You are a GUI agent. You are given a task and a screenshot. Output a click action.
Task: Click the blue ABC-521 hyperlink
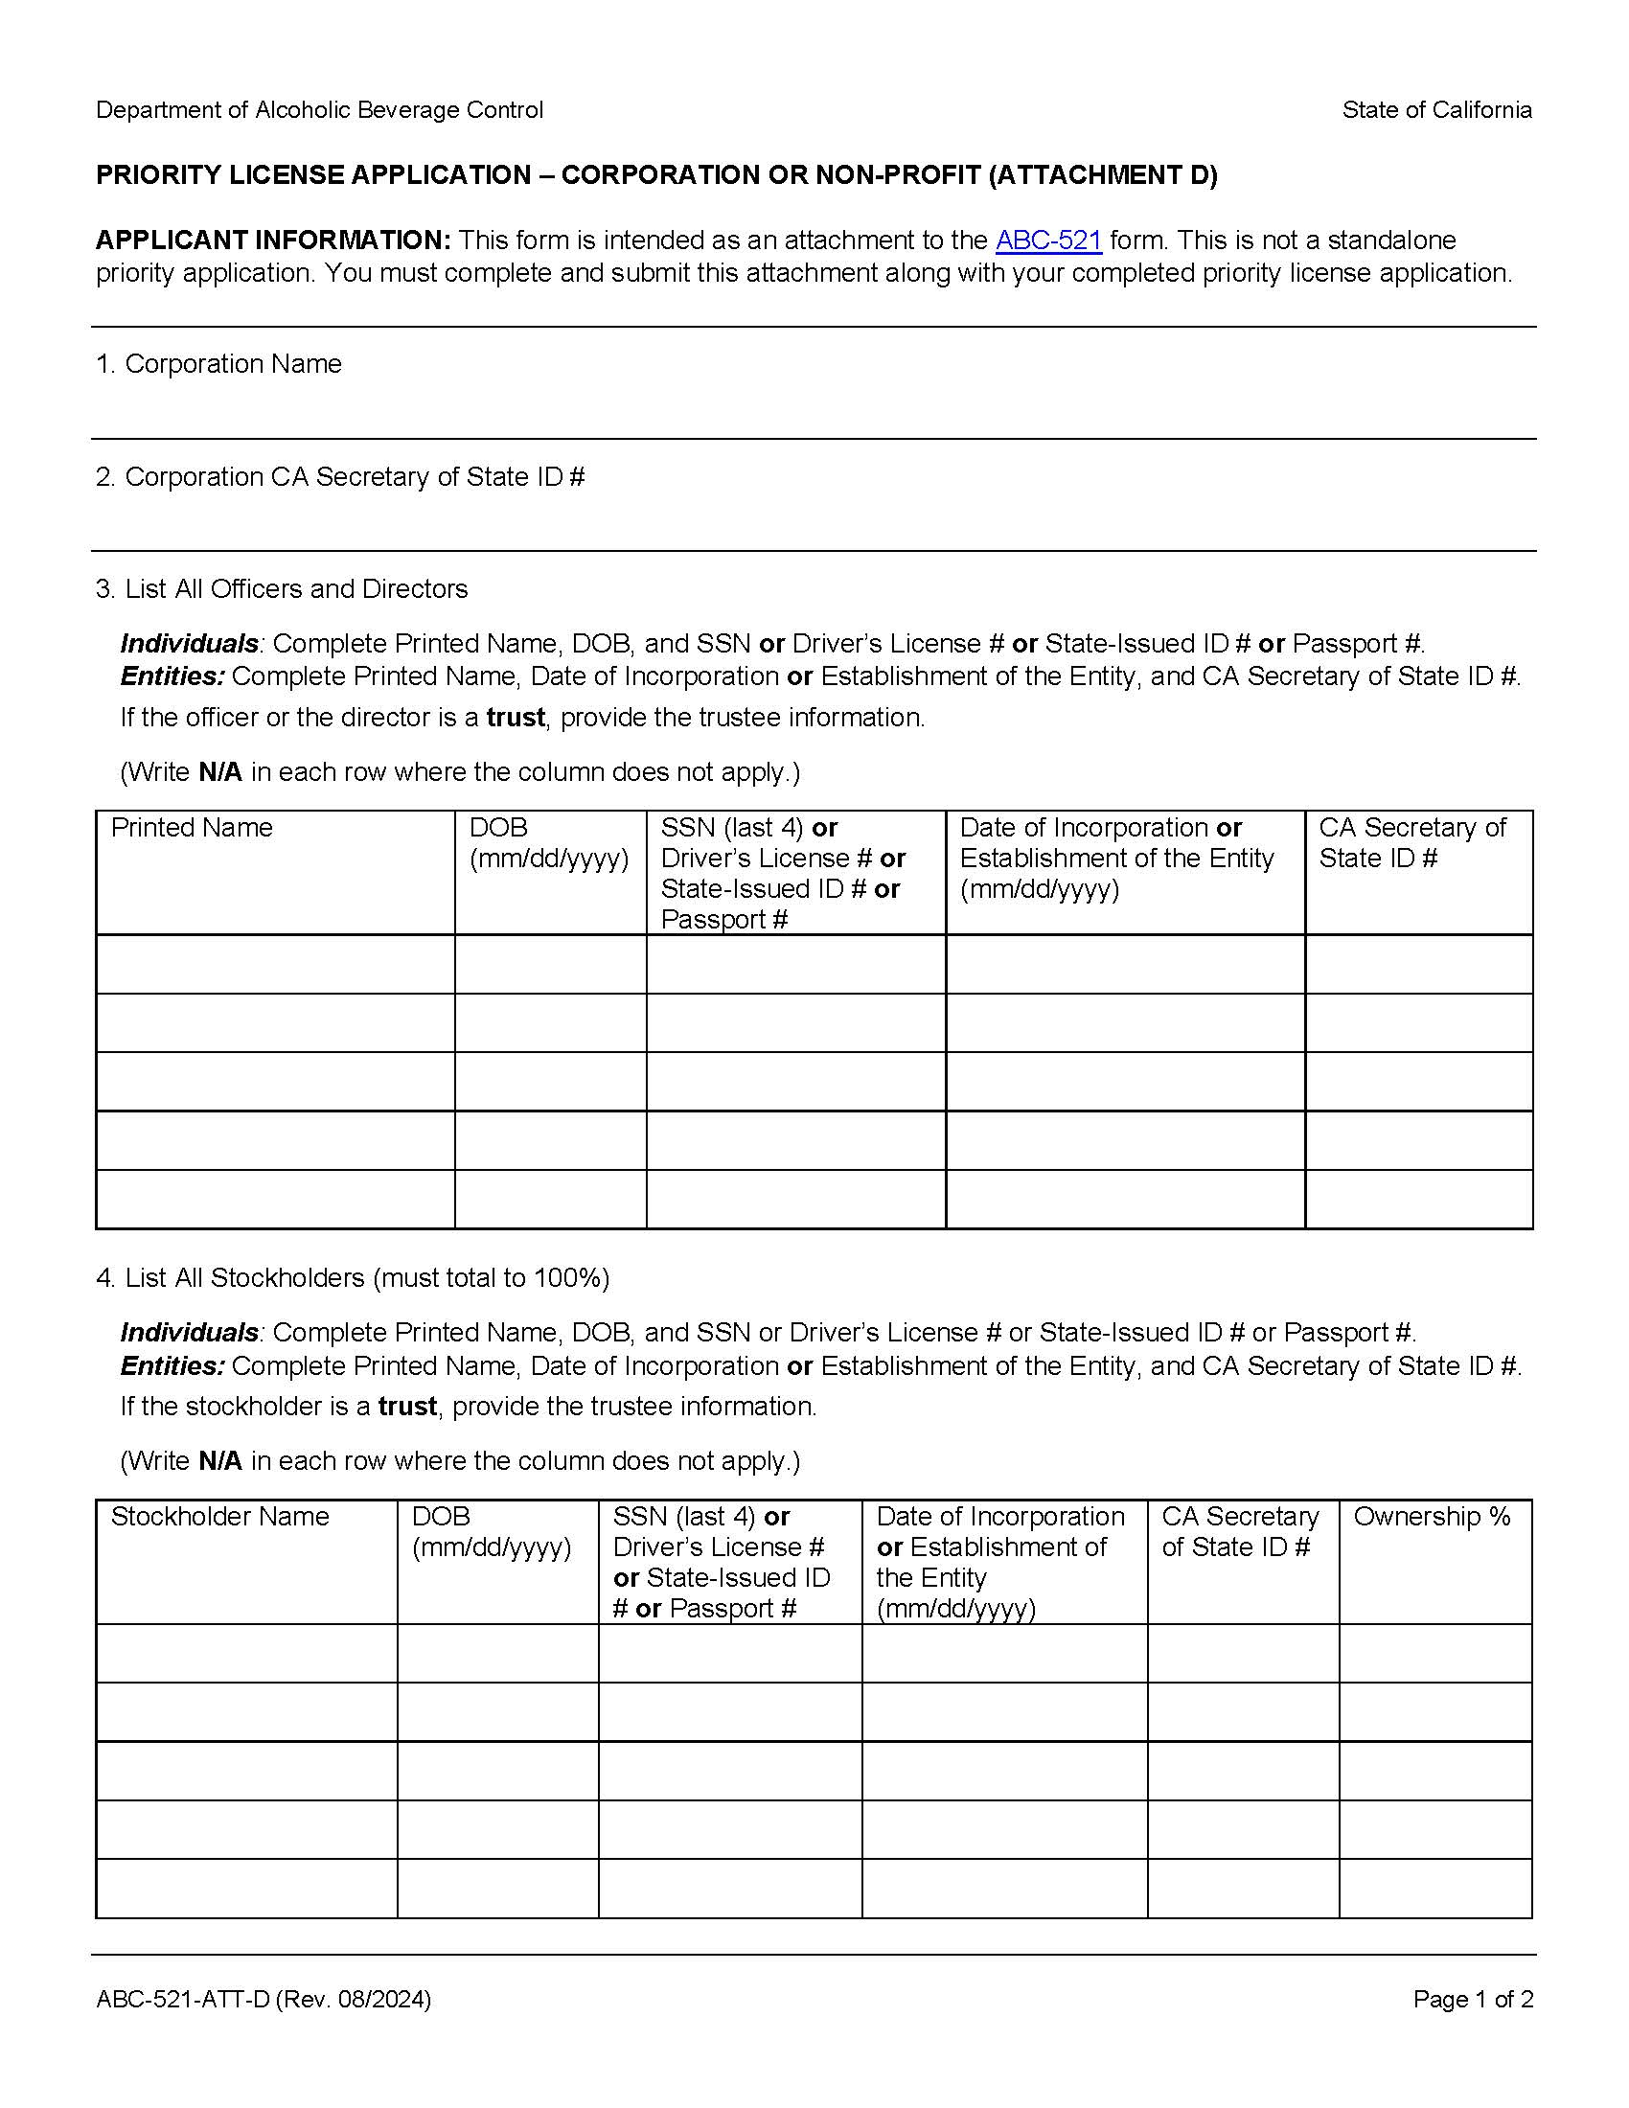click(x=1048, y=241)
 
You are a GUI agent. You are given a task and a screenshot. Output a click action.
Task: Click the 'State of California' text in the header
click(x=1436, y=110)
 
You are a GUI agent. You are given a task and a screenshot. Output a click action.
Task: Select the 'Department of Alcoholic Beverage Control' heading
click(x=319, y=110)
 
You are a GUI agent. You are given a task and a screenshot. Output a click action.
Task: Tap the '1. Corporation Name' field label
click(x=219, y=364)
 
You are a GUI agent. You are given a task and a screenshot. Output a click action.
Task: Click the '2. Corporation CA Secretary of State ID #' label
click(x=341, y=477)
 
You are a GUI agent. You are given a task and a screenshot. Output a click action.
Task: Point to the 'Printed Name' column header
click(x=192, y=828)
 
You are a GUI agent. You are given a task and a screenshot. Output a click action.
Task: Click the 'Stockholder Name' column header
click(x=220, y=1518)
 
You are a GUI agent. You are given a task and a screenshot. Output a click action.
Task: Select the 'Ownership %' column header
click(x=1432, y=1518)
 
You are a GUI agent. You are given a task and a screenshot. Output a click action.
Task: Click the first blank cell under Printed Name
click(x=275, y=964)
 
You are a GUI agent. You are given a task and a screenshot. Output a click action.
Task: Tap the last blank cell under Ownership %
click(x=1435, y=1888)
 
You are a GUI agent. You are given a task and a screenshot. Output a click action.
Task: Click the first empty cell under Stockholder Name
click(x=246, y=1654)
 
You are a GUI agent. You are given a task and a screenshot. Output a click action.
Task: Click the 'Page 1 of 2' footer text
click(x=1473, y=2000)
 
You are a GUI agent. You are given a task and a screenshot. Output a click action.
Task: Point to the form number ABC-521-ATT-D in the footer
click(x=183, y=2000)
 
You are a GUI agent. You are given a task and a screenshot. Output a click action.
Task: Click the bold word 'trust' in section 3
click(x=516, y=718)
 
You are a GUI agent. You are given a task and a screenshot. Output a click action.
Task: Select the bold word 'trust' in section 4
click(x=407, y=1408)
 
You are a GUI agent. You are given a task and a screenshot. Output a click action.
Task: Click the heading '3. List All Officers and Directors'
click(x=282, y=589)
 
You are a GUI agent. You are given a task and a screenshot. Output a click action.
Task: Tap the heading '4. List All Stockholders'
click(x=353, y=1279)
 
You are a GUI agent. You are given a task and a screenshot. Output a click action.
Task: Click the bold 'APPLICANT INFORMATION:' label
click(x=273, y=241)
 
